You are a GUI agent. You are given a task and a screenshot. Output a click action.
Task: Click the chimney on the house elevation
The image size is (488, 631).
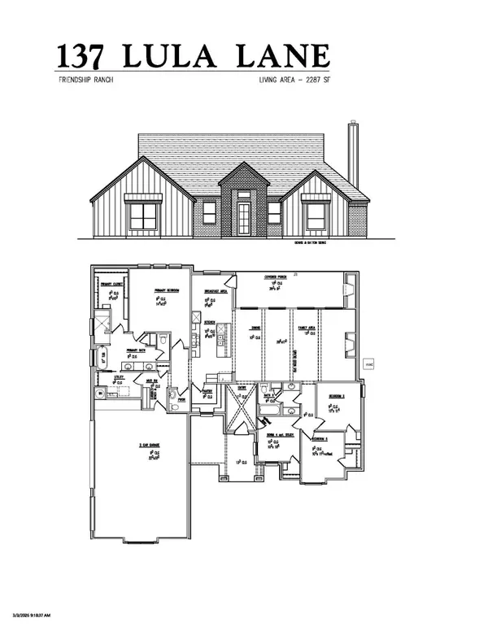[x=353, y=154]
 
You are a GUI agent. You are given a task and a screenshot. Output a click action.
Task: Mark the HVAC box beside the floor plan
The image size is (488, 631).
[x=368, y=364]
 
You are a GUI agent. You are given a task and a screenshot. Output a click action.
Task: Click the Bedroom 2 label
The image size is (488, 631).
[x=334, y=396]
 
